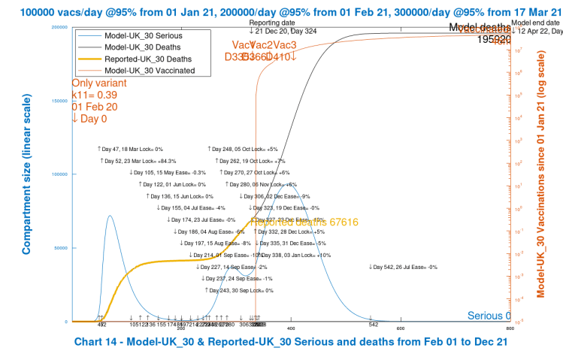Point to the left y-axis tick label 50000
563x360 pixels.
[57, 248]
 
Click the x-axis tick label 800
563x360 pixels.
[510, 328]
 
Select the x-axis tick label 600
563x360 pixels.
[401, 328]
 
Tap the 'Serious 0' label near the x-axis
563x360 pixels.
[489, 316]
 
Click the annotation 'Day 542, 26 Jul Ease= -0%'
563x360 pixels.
[403, 267]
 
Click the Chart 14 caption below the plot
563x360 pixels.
[292, 342]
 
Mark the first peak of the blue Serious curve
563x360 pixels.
[110, 216]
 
